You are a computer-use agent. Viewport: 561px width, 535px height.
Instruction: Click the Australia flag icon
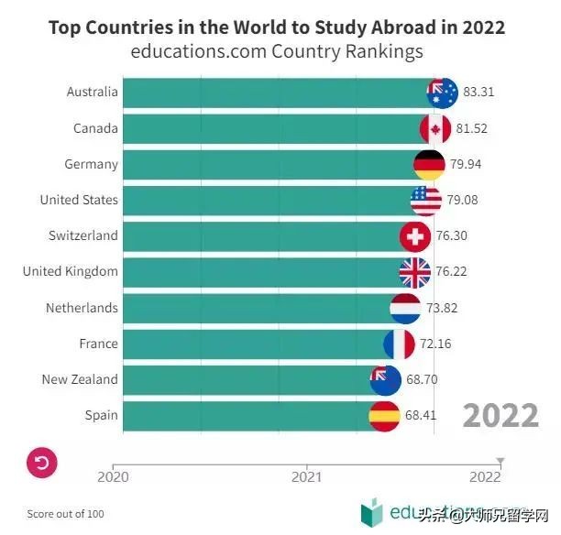point(442,93)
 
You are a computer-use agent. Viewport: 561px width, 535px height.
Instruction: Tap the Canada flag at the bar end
point(434,128)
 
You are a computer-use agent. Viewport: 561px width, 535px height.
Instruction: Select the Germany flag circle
point(429,165)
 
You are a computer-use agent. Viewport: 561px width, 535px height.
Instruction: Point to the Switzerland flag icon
point(415,236)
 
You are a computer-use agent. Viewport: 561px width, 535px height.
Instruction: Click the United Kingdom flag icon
point(414,272)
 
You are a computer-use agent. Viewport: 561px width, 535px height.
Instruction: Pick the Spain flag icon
point(384,416)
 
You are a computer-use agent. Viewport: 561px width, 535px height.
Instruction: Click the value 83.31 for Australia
point(479,93)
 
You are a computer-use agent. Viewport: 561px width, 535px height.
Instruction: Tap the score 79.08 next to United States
point(463,200)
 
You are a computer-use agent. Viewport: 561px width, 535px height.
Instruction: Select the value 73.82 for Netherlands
point(438,308)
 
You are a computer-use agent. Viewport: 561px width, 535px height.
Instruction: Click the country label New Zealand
point(80,379)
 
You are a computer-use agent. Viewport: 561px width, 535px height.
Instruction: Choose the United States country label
point(79,200)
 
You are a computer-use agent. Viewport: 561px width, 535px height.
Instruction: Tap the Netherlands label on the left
point(82,308)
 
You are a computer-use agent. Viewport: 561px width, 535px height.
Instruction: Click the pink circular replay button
point(42,463)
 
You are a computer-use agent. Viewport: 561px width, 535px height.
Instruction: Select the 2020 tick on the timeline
point(113,475)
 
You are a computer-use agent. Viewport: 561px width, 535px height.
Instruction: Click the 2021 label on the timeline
point(306,476)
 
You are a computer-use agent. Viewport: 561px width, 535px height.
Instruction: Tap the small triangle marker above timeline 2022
point(500,460)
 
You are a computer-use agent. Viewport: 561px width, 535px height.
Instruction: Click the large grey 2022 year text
point(500,415)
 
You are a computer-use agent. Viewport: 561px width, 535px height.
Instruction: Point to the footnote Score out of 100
point(65,514)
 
